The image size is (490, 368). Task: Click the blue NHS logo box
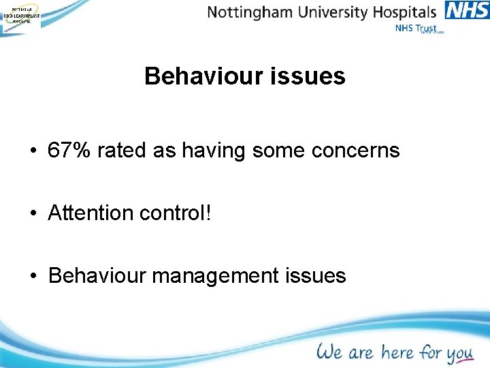tap(467, 11)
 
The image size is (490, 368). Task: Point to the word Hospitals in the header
tap(403, 12)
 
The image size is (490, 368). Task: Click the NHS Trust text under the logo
tap(416, 29)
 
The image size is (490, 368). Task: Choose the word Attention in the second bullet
tap(91, 213)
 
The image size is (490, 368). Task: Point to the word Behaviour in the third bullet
tap(97, 275)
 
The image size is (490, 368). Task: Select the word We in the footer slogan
tap(329, 352)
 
